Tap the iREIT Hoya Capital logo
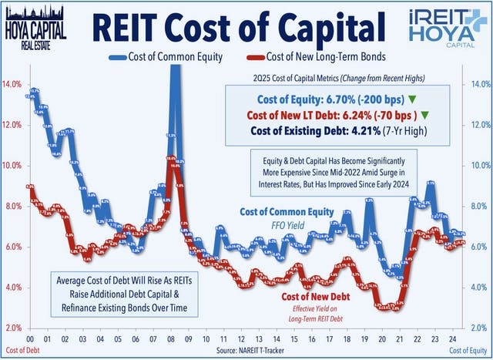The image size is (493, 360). (452, 28)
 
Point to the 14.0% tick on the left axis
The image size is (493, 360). (12, 84)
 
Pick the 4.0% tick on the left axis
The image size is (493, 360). (12, 288)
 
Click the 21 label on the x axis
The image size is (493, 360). (399, 338)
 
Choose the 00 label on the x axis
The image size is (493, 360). (29, 338)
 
